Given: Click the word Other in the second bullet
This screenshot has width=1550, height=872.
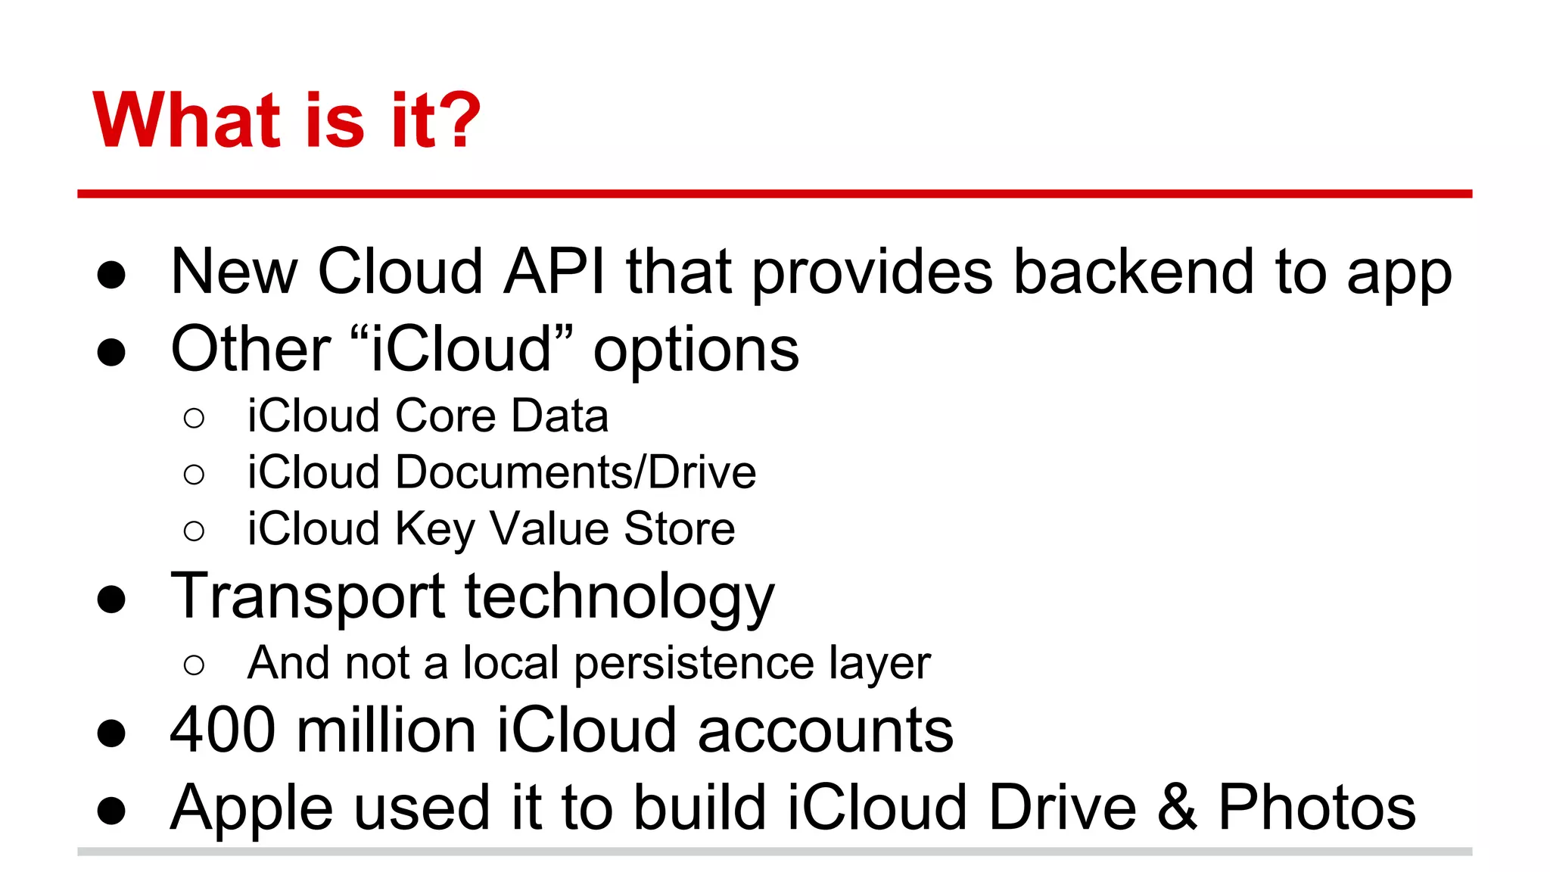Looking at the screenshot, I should pyautogui.click(x=251, y=349).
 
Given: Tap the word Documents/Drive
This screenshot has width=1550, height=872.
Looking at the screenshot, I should pyautogui.click(x=575, y=472).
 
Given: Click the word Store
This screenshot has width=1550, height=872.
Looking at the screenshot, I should pyautogui.click(x=679, y=528).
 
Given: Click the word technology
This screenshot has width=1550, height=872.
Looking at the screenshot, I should pyautogui.click(x=619, y=597).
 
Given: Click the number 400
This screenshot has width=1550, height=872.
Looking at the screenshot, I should pyautogui.click(x=223, y=730).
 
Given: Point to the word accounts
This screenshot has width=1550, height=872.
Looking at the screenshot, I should pyautogui.click(x=825, y=731).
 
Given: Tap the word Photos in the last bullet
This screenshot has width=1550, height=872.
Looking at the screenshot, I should pyautogui.click(x=1316, y=807).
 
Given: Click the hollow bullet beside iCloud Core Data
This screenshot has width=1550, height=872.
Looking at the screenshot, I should pyautogui.click(x=194, y=418).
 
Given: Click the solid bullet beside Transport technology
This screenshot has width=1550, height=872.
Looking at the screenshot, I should pyautogui.click(x=111, y=599).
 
